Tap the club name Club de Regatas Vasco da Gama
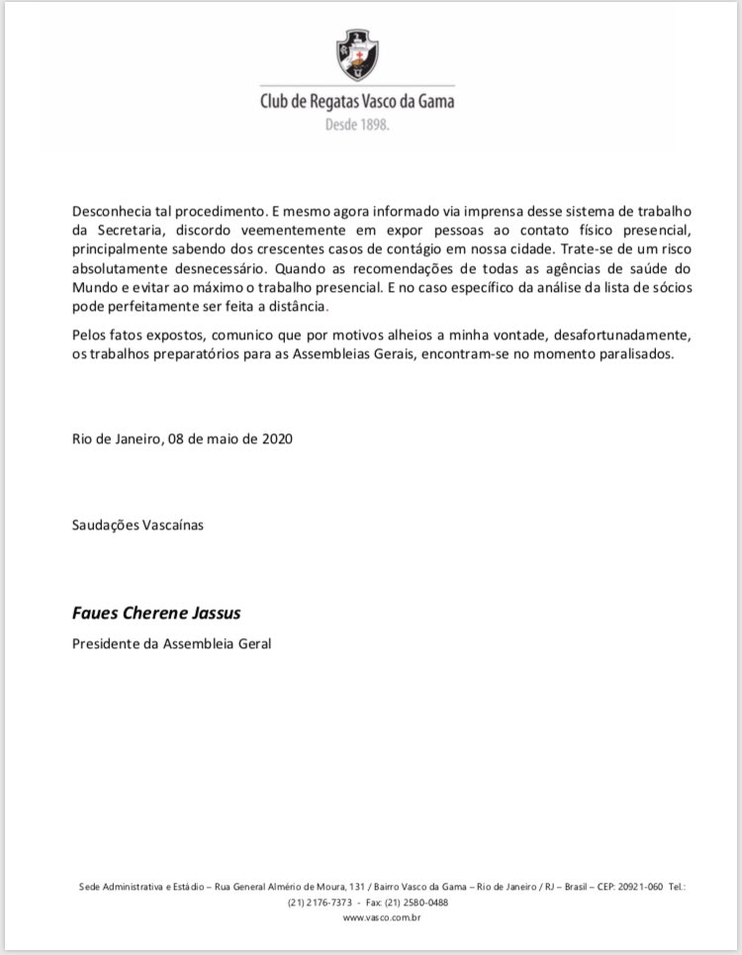(357, 101)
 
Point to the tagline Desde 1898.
(357, 126)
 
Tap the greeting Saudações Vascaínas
(138, 525)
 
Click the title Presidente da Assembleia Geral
(171, 643)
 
